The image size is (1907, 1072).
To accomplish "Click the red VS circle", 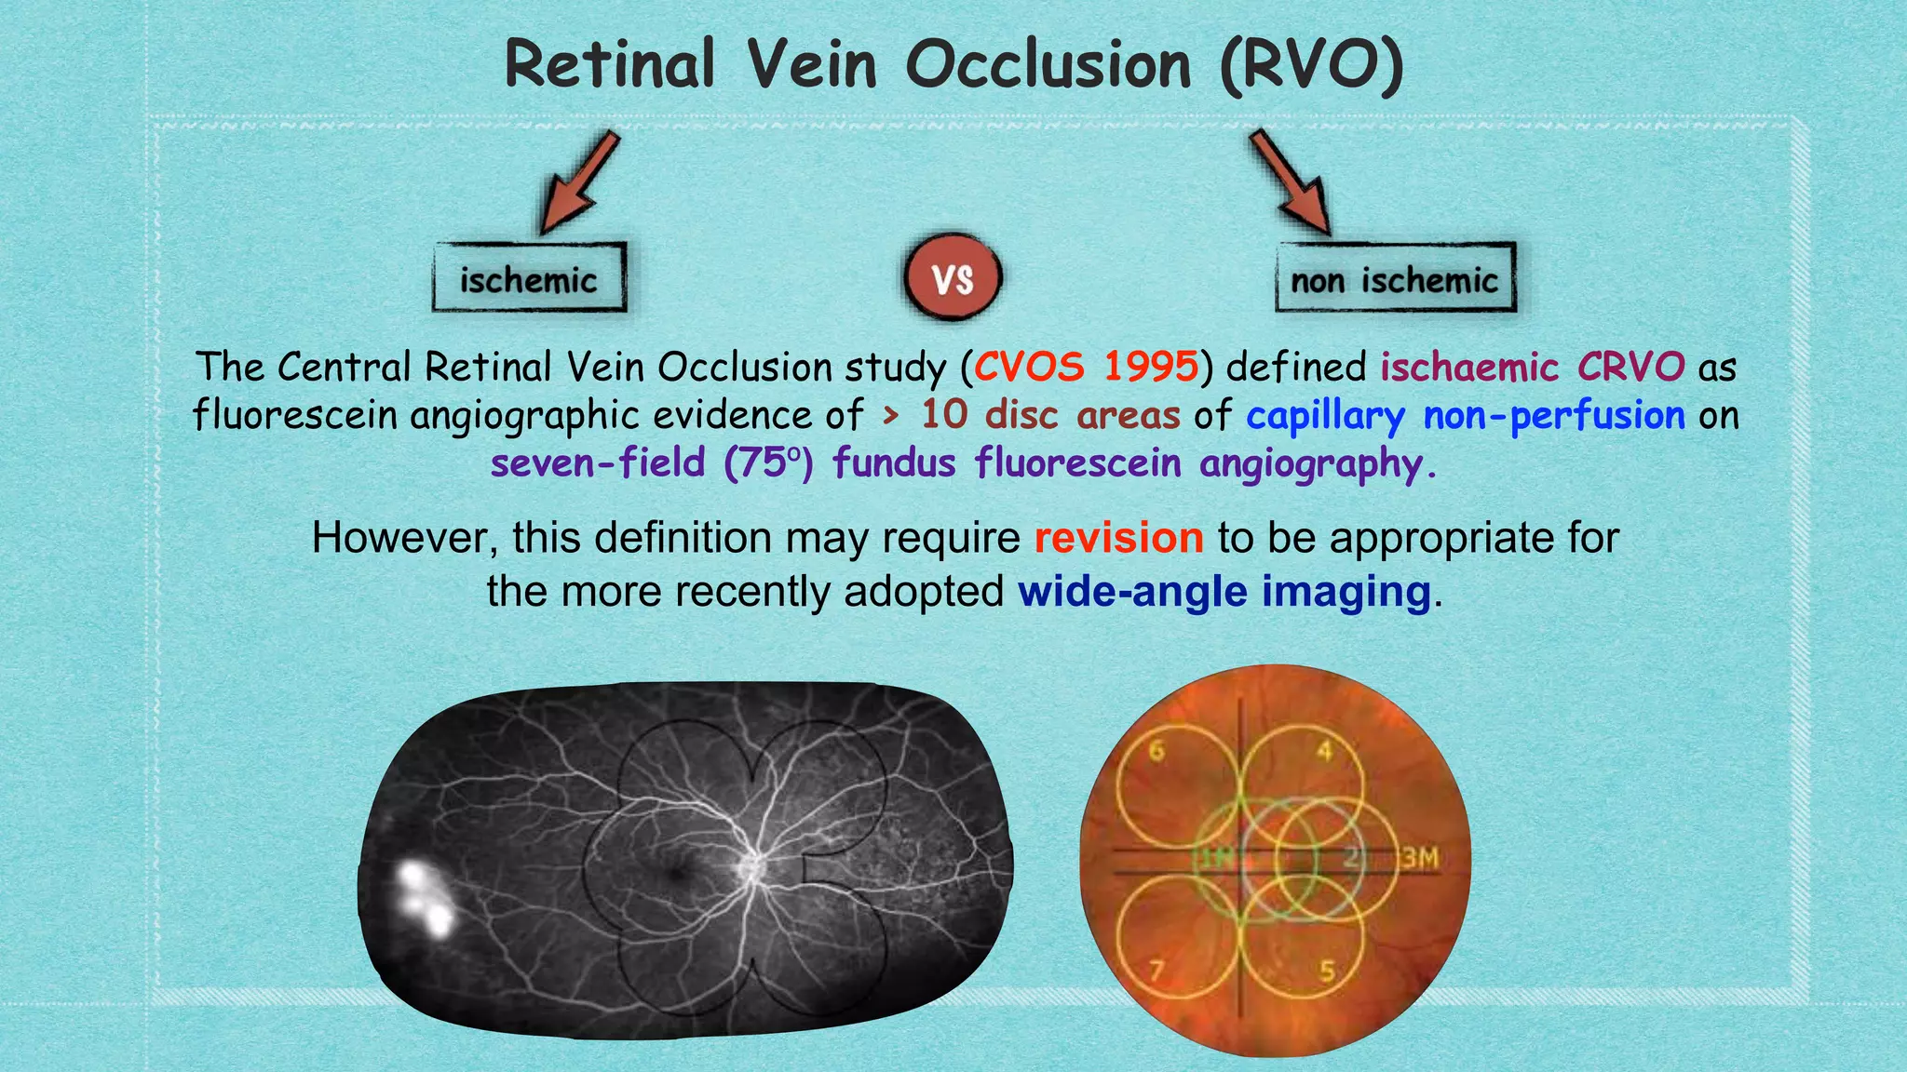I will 953,278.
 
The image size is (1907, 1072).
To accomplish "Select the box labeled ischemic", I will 529,278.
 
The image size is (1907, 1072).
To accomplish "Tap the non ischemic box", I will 1395,278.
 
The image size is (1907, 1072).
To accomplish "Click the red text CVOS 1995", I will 1086,367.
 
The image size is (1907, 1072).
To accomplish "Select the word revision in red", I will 1118,538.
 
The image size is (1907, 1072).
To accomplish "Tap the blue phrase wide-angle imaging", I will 1224,592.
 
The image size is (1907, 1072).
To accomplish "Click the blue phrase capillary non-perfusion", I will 1465,415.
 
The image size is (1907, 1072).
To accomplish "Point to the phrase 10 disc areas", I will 1049,415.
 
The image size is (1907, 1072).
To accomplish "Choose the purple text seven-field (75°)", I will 652,463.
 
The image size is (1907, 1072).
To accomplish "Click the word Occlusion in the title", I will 1048,65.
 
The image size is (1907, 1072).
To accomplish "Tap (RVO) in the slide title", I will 1311,65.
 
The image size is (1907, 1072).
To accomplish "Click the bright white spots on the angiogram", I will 425,899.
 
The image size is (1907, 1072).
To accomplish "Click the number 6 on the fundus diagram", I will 1156,750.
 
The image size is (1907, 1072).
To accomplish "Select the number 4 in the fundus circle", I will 1324,750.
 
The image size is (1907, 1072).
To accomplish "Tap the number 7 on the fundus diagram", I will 1156,971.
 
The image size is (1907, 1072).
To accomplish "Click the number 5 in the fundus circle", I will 1327,971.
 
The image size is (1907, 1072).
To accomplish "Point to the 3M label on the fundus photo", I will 1420,858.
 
